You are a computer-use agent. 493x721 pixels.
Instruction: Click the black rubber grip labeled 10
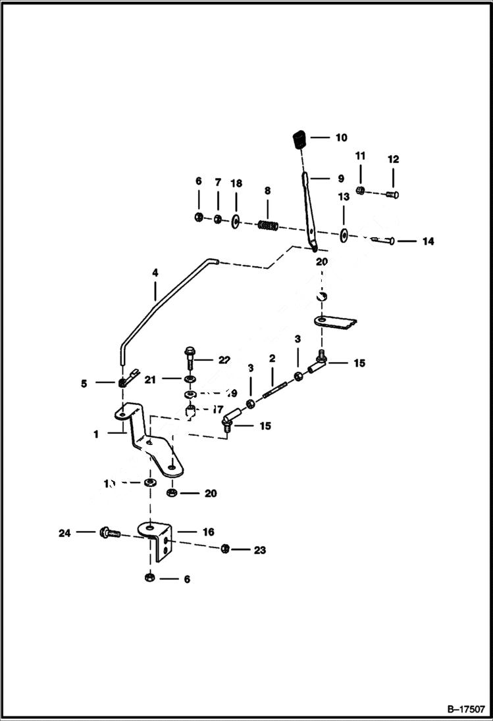299,140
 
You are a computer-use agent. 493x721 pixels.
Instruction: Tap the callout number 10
341,138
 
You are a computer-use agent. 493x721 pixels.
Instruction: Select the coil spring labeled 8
267,225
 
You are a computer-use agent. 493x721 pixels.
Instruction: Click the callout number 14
428,242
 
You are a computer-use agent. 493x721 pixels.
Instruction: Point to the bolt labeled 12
393,194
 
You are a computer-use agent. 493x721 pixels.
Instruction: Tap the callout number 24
64,533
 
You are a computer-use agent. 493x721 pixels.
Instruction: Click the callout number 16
208,532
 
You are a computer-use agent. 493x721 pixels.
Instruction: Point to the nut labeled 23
225,548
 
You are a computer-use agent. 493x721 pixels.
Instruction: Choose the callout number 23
260,550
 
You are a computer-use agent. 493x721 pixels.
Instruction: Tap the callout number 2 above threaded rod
271,359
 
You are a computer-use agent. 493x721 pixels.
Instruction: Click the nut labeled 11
360,191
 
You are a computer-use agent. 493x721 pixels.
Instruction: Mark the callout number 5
84,383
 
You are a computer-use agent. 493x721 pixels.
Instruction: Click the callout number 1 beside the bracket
96,434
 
